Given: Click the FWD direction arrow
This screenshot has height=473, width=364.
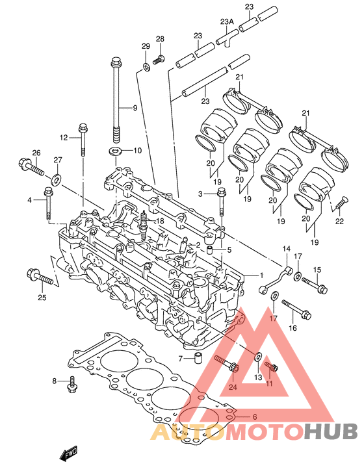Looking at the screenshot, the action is coord(68,454).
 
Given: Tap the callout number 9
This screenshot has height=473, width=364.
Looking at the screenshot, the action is coord(135,108).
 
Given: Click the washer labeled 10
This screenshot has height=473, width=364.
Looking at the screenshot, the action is coord(115,150).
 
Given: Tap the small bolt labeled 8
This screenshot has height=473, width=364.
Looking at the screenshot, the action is coord(72,384).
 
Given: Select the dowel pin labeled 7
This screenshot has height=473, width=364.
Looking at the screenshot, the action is coord(198,358).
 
